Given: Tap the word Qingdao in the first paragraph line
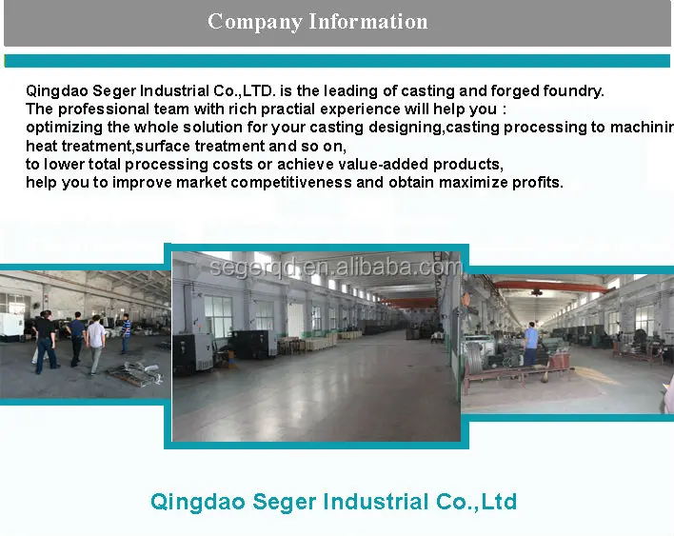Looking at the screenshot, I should click(54, 91).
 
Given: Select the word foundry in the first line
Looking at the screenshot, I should click(573, 91).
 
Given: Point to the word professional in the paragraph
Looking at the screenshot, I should click(99, 109).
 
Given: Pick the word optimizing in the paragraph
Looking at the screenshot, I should click(63, 128).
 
